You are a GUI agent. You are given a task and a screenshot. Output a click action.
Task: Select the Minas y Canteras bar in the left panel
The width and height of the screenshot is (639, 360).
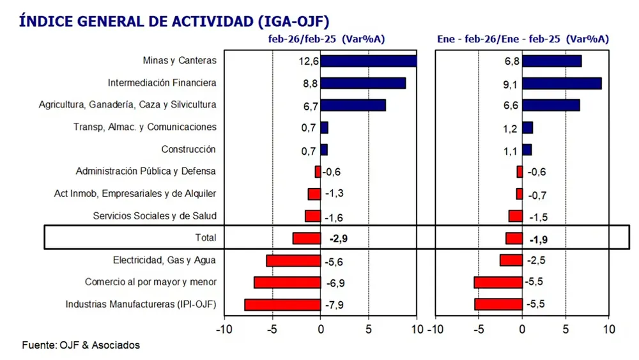[x=368, y=61]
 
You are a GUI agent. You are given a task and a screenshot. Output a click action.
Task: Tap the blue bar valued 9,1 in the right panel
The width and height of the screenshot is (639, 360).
[x=562, y=83]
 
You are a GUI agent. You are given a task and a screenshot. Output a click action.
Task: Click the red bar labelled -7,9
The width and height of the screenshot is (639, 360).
[x=282, y=305]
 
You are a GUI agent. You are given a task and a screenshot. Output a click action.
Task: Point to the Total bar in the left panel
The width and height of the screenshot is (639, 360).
[x=307, y=238]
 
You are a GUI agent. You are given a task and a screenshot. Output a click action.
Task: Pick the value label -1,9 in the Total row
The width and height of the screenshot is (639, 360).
[x=539, y=240]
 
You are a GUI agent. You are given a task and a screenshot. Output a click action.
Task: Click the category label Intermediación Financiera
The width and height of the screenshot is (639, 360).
[x=162, y=83]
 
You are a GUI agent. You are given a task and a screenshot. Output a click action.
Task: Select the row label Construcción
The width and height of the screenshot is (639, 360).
[x=189, y=150]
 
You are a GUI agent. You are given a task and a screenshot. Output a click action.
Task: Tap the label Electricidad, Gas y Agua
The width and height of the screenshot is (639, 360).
[x=164, y=260]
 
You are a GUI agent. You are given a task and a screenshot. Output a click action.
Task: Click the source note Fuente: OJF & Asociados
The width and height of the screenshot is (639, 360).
[x=81, y=345]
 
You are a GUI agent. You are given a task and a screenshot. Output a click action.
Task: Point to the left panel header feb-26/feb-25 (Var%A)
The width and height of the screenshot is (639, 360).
[x=325, y=39]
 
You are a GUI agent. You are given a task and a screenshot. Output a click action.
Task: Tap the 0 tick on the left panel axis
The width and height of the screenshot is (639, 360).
[x=321, y=330]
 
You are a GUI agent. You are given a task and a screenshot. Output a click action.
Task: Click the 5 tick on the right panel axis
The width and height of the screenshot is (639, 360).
[x=566, y=330]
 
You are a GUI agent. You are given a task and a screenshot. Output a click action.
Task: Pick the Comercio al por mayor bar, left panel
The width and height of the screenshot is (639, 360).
[x=287, y=283]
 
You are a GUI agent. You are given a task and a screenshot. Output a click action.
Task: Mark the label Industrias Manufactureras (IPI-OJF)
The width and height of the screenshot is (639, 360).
[x=141, y=305]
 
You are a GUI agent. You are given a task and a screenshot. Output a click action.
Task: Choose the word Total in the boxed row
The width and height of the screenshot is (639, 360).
[x=205, y=238]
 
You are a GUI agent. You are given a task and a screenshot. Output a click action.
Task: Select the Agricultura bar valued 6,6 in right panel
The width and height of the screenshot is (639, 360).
[x=551, y=105]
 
